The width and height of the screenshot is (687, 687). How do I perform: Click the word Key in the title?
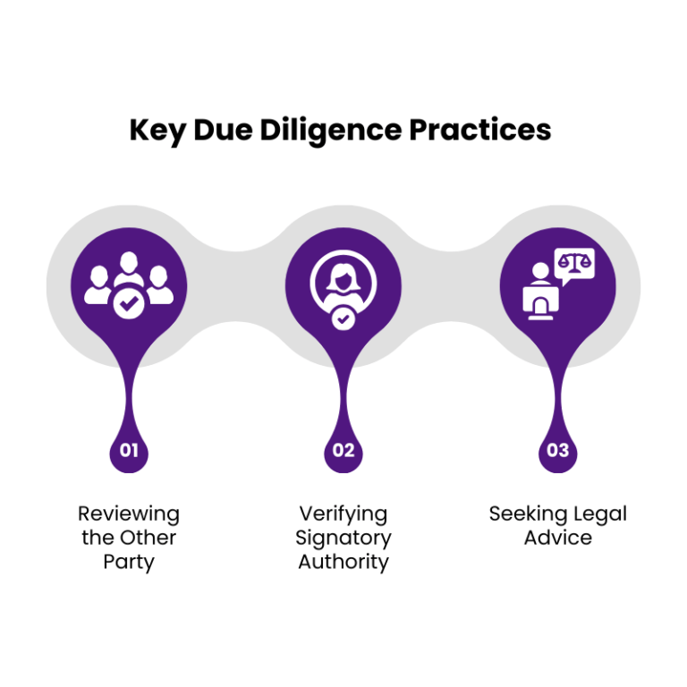tap(157, 131)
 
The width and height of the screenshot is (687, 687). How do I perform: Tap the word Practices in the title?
tap(479, 131)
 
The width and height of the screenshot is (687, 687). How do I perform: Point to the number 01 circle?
tap(129, 450)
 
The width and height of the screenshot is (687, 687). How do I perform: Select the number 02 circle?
tap(343, 450)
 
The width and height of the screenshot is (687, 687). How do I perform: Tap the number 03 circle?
tap(558, 450)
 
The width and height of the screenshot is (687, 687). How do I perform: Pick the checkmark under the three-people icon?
tap(129, 304)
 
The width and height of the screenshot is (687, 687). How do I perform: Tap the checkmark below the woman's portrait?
tap(343, 318)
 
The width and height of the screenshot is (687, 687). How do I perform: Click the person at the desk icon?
tap(540, 291)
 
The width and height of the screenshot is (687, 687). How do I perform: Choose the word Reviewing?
tap(129, 514)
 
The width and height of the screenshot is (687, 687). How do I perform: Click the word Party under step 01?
tap(129, 562)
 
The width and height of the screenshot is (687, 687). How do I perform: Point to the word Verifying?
tap(343, 514)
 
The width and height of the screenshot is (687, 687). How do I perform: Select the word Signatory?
tap(343, 539)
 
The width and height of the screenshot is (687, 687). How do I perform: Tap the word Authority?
tap(343, 562)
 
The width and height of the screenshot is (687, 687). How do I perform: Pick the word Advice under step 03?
tap(558, 538)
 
